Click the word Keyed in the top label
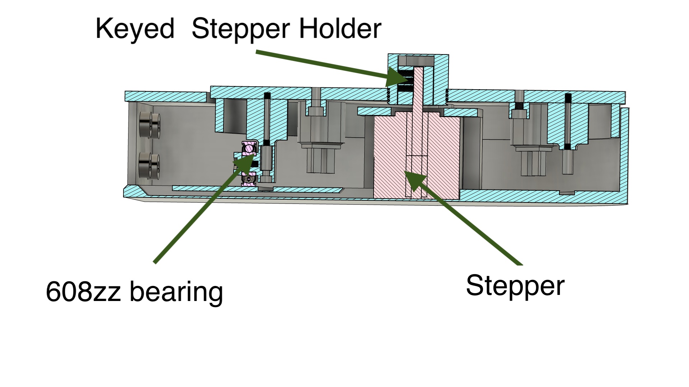tap(135, 29)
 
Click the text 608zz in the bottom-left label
tap(83, 291)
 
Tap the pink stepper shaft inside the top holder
tap(418, 86)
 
